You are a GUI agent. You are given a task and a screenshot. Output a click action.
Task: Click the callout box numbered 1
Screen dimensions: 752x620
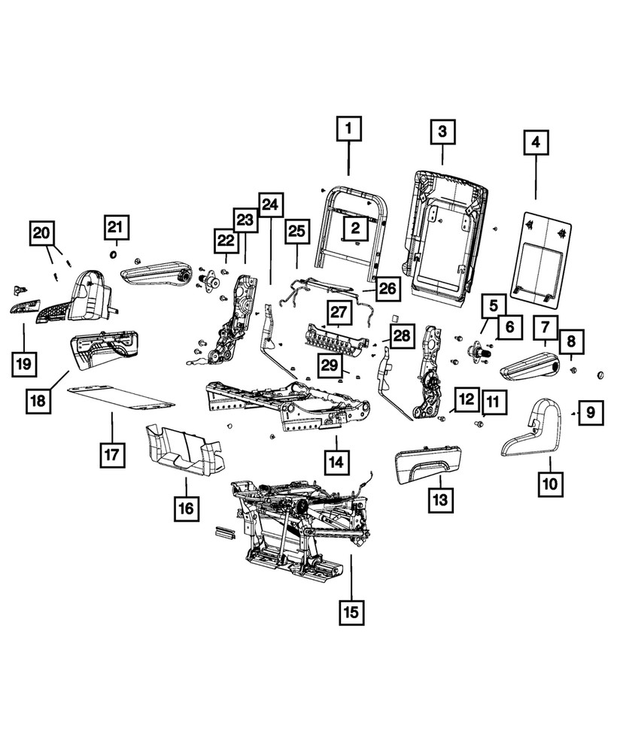click(x=348, y=130)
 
